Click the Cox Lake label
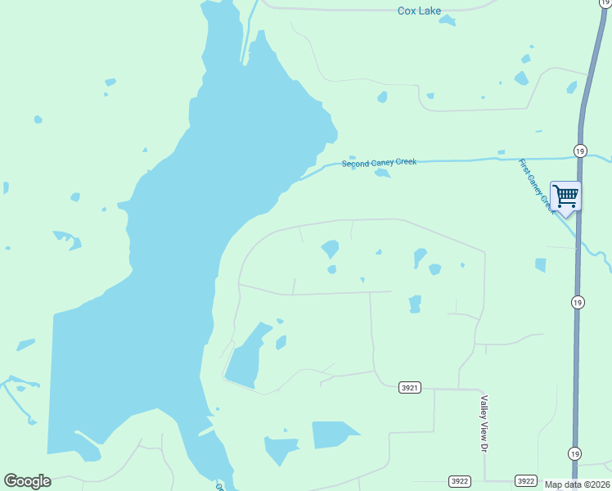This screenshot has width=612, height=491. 419,11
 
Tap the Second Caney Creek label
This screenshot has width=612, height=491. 379,163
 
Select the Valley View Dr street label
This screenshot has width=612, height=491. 484,424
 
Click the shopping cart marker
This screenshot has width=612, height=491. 565,196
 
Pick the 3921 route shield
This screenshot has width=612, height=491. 411,387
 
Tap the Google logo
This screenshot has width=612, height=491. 27,481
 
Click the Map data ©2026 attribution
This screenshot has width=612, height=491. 578,484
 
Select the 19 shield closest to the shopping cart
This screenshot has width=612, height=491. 579,151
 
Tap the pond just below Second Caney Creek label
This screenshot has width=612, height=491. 381,173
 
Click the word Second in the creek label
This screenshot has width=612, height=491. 356,164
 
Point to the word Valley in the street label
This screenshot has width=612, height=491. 484,408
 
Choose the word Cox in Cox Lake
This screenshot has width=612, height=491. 407,11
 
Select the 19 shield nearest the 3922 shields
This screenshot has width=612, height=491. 575,453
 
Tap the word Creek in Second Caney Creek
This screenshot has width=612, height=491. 406,162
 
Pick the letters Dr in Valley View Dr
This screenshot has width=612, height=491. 484,448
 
